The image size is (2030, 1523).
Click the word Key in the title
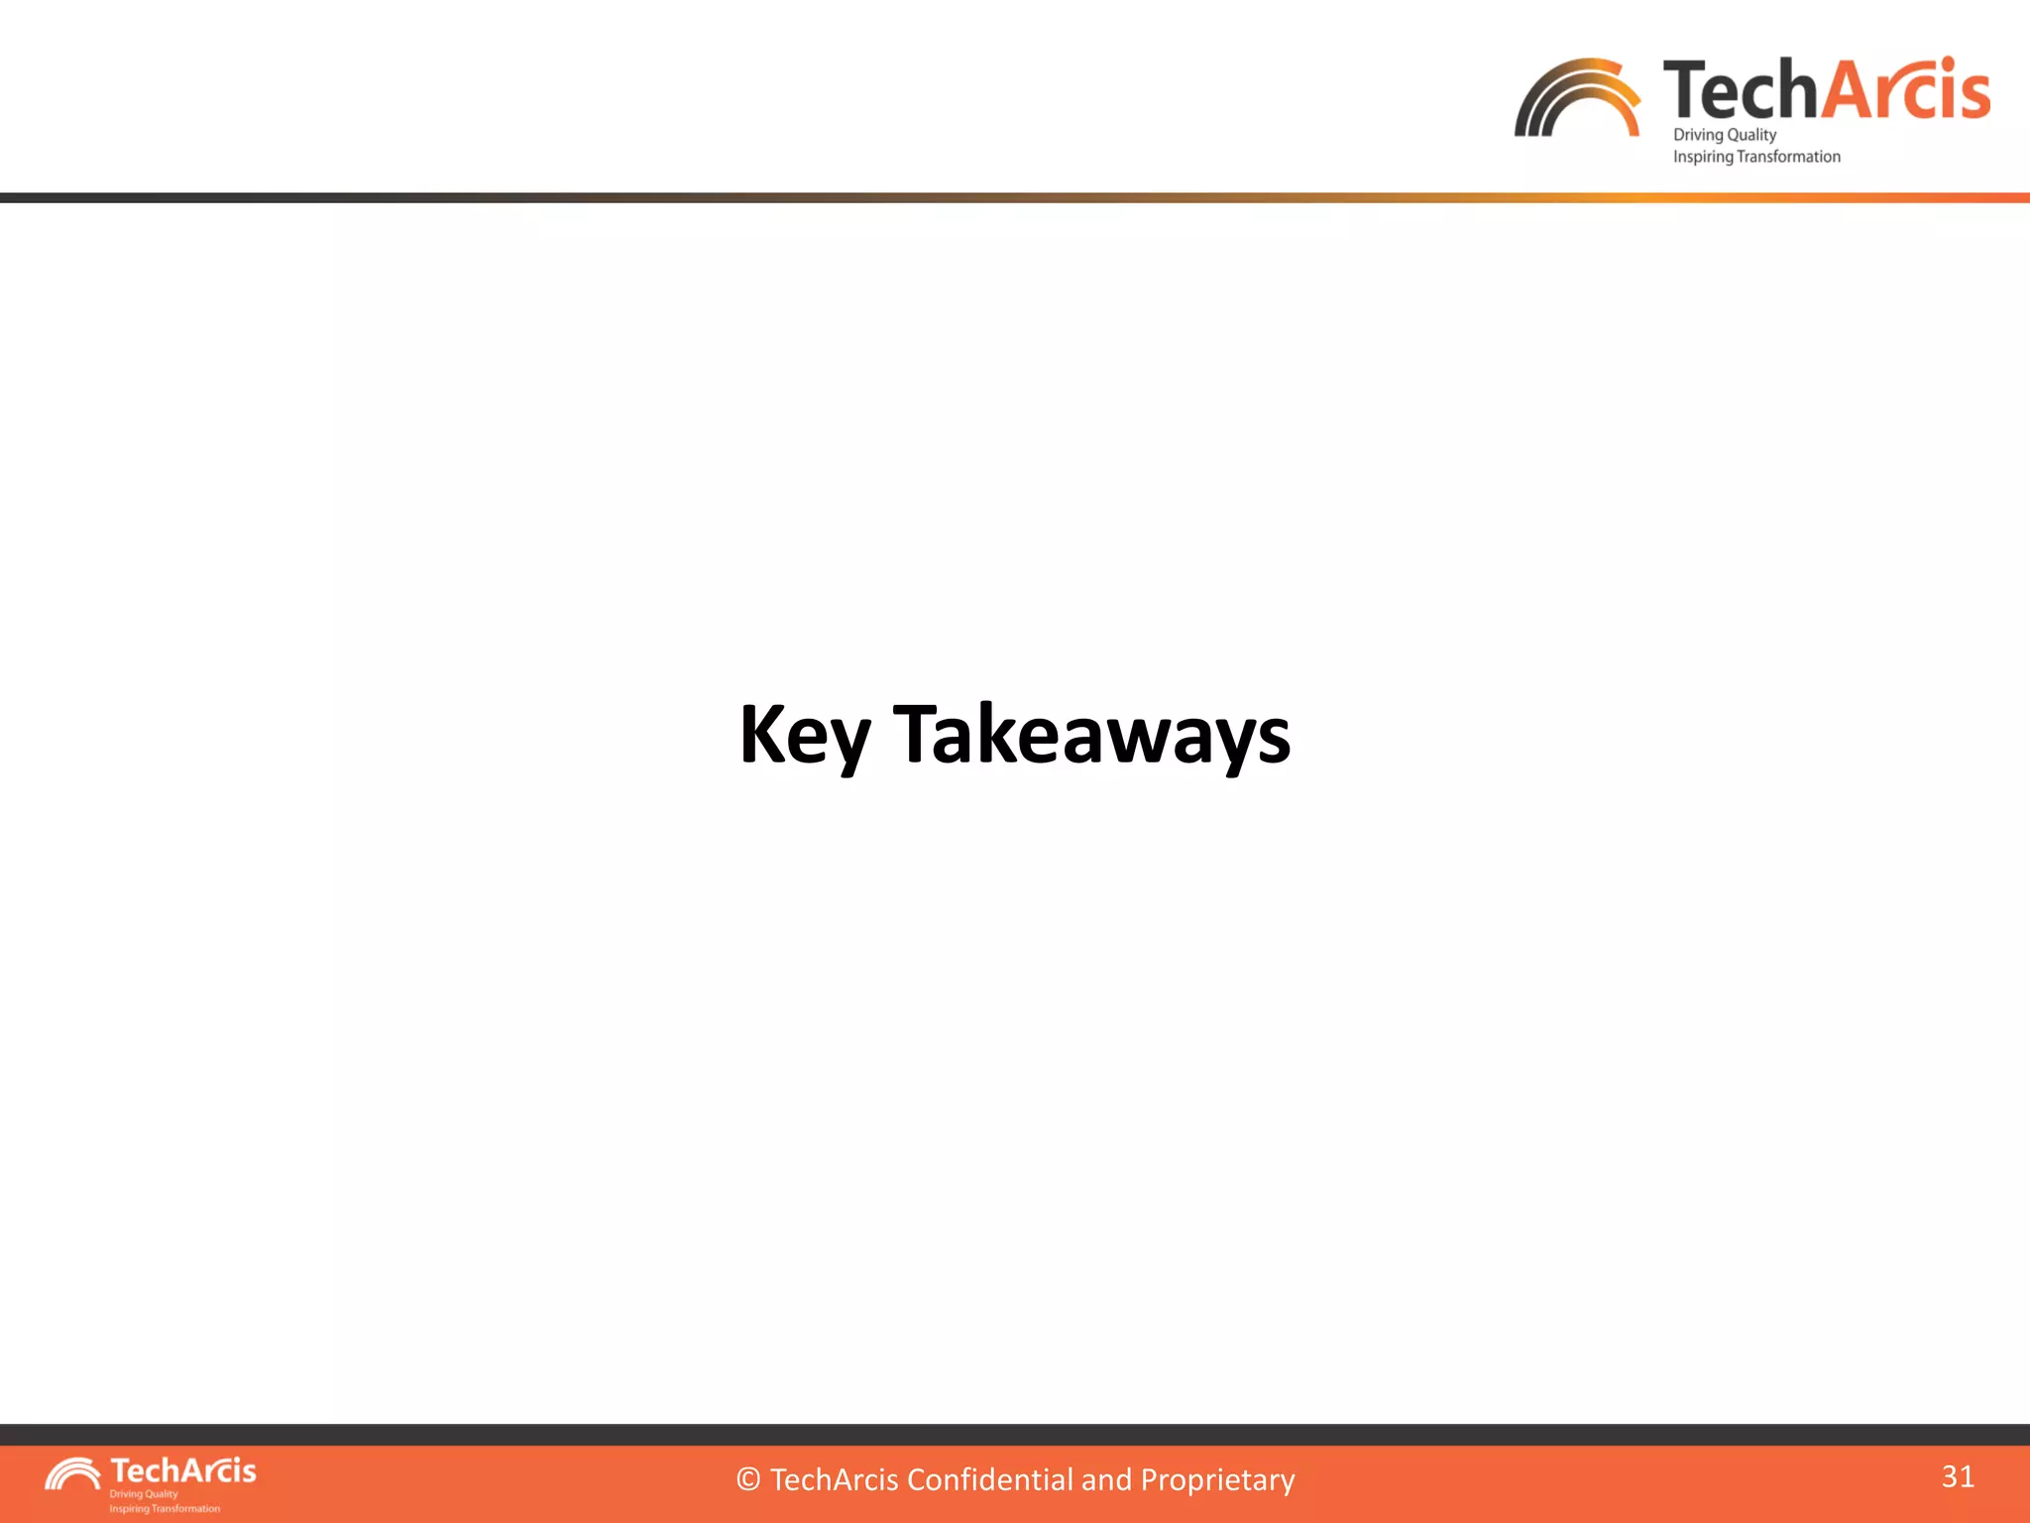click(x=804, y=735)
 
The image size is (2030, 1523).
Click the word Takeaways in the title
click(x=1091, y=735)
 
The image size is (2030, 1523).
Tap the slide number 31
click(x=1957, y=1476)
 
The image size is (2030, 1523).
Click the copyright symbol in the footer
click(x=748, y=1480)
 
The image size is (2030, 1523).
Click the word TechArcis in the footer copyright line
click(x=835, y=1479)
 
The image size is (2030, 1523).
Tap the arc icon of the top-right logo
click(x=1576, y=98)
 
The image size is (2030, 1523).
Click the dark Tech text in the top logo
click(x=1742, y=91)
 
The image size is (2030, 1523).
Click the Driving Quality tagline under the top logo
click(x=1724, y=135)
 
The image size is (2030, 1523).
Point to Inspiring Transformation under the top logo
click(x=1755, y=157)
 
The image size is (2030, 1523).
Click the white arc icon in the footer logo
click(x=72, y=1474)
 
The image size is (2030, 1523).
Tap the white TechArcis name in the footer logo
click(x=183, y=1470)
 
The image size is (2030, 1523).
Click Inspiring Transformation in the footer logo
click(x=165, y=1508)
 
